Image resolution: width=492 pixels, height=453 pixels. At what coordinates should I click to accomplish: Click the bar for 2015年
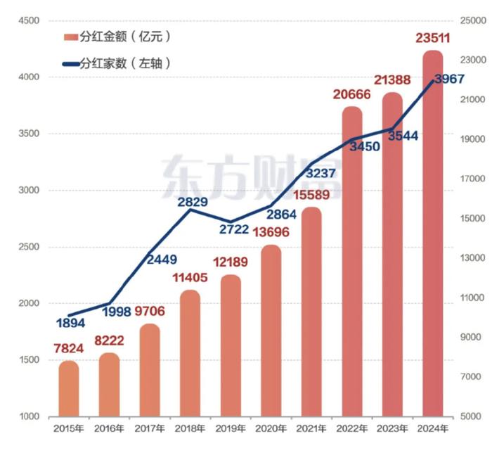click(69, 388)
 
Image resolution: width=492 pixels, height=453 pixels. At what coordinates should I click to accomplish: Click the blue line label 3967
click(449, 79)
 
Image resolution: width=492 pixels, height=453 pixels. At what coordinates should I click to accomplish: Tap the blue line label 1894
click(69, 324)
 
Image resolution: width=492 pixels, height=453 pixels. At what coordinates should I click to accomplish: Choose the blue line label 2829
click(191, 202)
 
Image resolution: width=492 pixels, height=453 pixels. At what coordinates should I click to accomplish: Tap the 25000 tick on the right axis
click(472, 20)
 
